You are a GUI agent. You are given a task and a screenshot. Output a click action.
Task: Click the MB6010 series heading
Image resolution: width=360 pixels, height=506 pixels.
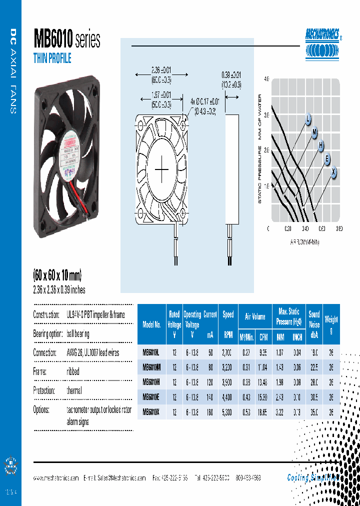pos(67,38)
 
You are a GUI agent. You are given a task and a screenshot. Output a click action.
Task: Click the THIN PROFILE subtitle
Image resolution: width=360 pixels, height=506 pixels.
pos(52,58)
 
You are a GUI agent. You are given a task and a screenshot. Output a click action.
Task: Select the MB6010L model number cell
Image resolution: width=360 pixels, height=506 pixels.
pos(151,353)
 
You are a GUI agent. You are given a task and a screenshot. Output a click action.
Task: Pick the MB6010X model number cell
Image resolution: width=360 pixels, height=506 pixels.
pos(151,412)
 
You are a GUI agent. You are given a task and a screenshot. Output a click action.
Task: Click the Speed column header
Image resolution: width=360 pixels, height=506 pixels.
pos(228,314)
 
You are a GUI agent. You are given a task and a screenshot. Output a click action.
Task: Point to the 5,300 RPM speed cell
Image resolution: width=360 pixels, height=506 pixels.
pos(228,412)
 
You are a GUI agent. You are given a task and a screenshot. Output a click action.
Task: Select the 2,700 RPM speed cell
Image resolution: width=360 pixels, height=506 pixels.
pos(228,353)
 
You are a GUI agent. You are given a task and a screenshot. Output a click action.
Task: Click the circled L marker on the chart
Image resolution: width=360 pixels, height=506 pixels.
pos(308,119)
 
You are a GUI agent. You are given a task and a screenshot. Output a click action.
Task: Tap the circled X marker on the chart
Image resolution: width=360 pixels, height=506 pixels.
pos(333,171)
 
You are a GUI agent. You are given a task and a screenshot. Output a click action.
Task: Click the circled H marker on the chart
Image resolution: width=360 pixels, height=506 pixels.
pos(321,145)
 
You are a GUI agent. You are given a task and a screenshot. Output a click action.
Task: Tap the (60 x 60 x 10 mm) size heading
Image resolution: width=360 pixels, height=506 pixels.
pos(57,275)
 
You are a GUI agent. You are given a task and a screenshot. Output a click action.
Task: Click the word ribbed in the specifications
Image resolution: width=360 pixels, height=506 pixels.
pos(73,371)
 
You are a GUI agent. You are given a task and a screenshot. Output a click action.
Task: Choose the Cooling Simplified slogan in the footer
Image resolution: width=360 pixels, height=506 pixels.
pos(313,477)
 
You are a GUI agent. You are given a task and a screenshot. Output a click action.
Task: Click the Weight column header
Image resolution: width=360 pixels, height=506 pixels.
pos(331,319)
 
